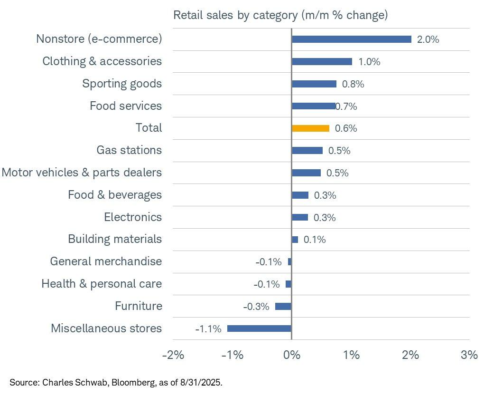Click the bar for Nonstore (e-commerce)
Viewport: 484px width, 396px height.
351,39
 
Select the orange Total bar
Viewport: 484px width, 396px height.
310,128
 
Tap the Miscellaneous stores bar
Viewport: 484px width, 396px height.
259,328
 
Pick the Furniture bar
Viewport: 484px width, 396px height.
283,307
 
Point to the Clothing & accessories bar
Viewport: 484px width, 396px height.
322,61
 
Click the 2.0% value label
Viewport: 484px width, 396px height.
428,39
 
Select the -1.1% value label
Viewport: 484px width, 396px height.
208,328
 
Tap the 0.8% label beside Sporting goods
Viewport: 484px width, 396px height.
353,84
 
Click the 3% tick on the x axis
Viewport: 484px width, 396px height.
469,355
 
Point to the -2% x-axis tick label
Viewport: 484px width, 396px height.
173,355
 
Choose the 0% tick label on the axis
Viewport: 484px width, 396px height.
291,355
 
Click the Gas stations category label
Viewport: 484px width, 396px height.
129,150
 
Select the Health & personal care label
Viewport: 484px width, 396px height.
102,284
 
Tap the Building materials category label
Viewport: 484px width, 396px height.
115,239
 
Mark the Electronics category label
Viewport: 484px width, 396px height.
133,217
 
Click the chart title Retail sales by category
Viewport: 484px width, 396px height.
280,15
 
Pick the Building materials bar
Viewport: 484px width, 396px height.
295,240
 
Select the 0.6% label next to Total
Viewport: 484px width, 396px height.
346,128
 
